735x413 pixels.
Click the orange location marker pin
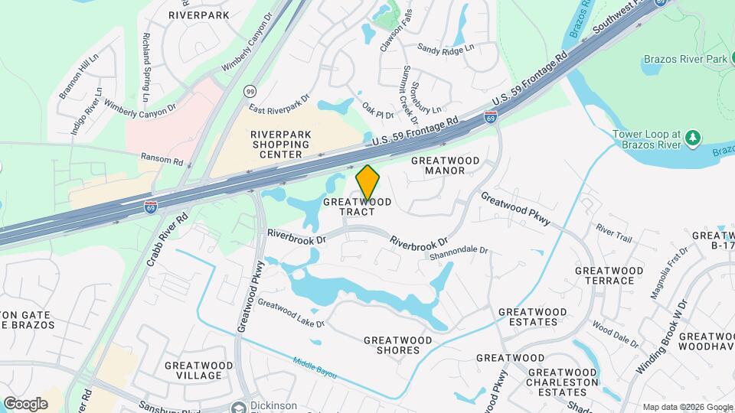(x=368, y=183)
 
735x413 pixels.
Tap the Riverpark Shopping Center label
(x=281, y=144)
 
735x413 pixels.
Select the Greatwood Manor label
(x=446, y=166)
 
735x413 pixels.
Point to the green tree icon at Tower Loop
(x=693, y=138)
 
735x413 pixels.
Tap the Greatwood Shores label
(x=392, y=345)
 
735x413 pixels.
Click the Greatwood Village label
(x=199, y=371)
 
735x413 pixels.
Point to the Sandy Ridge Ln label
(x=446, y=47)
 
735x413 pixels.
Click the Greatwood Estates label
(x=533, y=317)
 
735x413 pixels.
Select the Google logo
(x=25, y=403)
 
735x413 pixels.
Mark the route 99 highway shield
(x=250, y=91)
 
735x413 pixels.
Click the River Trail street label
(x=614, y=233)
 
